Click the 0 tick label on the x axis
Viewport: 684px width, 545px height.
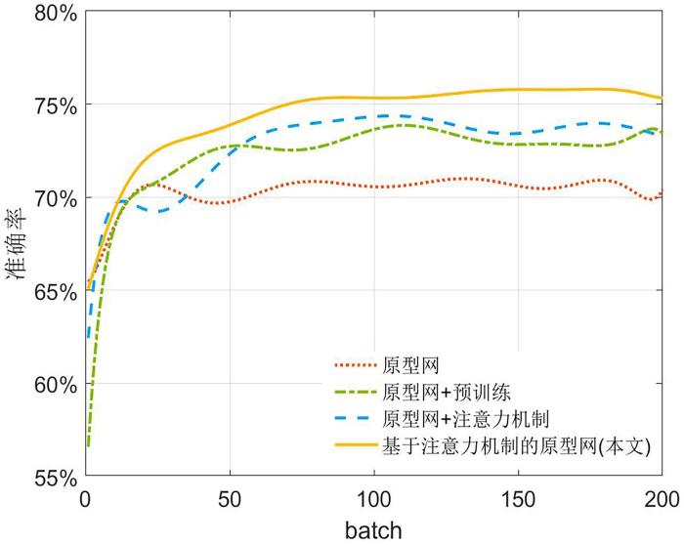pos(86,499)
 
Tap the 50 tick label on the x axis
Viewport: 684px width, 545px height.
pos(230,499)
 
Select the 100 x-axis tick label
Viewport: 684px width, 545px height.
pos(374,499)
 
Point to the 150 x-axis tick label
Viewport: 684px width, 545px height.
pos(518,499)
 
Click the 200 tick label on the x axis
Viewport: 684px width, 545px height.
pos(662,499)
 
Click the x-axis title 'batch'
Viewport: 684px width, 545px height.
pos(373,528)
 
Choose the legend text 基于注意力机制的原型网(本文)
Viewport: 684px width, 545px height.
pos(517,446)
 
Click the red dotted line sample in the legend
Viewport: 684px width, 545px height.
pos(356,365)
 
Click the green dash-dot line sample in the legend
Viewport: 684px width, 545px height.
pos(356,393)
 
